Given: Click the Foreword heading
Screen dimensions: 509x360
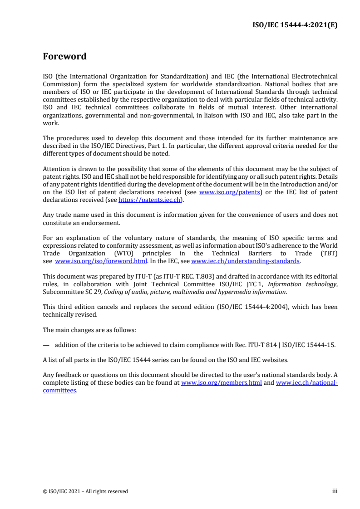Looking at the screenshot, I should [x=64, y=57].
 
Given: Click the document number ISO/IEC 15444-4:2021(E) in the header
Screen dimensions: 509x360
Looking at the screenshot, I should [x=295, y=25].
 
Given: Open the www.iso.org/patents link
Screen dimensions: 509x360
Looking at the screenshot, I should [x=229, y=192].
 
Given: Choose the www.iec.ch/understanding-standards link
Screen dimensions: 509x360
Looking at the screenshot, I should [x=245, y=261].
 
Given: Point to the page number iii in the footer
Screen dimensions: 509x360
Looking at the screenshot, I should [x=335, y=491].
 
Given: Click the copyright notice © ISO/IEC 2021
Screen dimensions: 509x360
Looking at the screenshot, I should [x=85, y=491].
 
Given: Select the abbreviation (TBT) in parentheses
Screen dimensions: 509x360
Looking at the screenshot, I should [x=327, y=254].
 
